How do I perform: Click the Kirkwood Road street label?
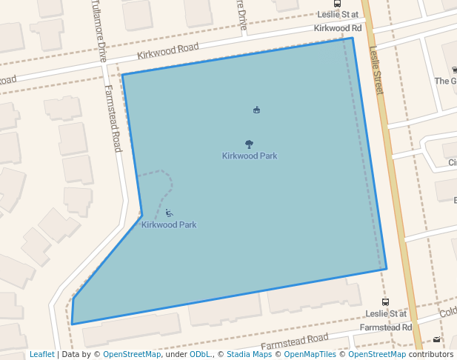pyautogui.click(x=168, y=51)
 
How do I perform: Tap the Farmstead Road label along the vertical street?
pyautogui.click(x=113, y=119)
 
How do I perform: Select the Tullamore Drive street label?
pyautogui.click(x=99, y=30)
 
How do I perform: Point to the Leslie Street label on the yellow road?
pyautogui.click(x=377, y=73)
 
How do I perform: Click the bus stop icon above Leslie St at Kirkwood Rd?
pyautogui.click(x=338, y=4)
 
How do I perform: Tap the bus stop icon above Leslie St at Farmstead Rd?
pyautogui.click(x=385, y=302)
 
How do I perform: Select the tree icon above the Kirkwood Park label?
pyautogui.click(x=249, y=145)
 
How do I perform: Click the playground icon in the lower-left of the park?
pyautogui.click(x=169, y=213)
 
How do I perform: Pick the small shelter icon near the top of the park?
pyautogui.click(x=256, y=110)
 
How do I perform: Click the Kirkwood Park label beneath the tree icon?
pyautogui.click(x=250, y=156)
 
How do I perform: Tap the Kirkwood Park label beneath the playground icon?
pyautogui.click(x=169, y=224)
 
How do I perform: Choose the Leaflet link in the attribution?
pyautogui.click(x=41, y=354)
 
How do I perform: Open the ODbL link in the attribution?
pyautogui.click(x=200, y=354)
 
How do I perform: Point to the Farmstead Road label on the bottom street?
pyautogui.click(x=294, y=341)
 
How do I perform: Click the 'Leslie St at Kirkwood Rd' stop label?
pyautogui.click(x=338, y=21)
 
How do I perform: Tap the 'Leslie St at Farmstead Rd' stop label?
pyautogui.click(x=385, y=320)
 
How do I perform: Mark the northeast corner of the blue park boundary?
pyautogui.click(x=352, y=38)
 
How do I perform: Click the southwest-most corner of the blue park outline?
pyautogui.click(x=72, y=324)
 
